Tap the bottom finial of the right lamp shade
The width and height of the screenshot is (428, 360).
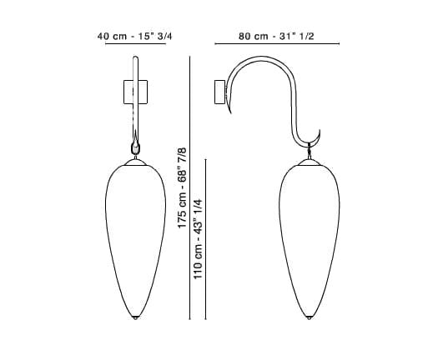311,316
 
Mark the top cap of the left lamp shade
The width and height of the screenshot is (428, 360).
134,157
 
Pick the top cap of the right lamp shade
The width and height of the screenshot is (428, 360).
311,157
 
